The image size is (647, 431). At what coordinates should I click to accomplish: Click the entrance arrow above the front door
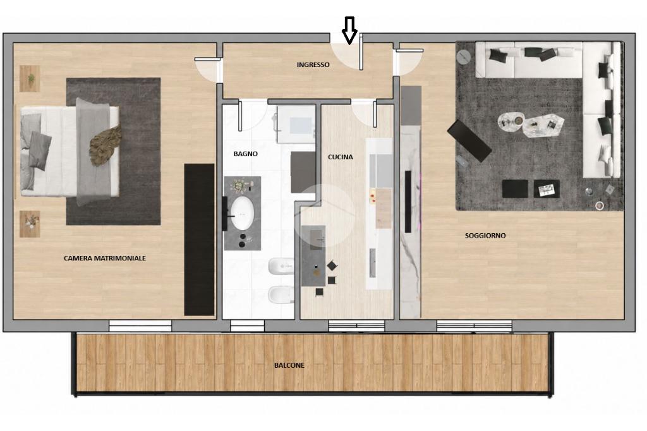coord(349,30)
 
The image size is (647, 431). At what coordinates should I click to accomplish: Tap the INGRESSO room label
coord(313,64)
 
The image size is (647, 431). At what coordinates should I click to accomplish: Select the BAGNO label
coord(246,154)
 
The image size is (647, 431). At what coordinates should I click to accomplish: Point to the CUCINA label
coord(341,157)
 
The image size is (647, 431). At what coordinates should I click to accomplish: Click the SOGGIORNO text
coord(485,235)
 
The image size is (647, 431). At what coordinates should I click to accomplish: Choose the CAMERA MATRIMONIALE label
coord(105,258)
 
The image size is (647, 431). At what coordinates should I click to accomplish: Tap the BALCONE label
coord(289,365)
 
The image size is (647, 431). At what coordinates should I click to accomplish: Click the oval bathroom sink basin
coord(242,213)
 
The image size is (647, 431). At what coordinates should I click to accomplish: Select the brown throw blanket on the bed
coord(106,145)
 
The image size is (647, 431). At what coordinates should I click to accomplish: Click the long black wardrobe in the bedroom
coord(199,240)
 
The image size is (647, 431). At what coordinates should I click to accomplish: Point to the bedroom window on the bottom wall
coord(140,325)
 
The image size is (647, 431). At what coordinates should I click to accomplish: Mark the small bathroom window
coord(247,325)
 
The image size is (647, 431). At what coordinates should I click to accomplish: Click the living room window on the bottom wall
coord(474,325)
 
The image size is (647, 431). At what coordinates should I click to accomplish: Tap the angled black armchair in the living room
coord(469,140)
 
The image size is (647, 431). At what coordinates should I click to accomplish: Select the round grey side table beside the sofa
coord(463,57)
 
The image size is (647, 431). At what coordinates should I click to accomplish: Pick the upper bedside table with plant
coord(30,78)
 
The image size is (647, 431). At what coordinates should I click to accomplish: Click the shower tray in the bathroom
coord(296,124)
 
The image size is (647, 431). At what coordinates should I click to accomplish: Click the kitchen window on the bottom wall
coord(356,325)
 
